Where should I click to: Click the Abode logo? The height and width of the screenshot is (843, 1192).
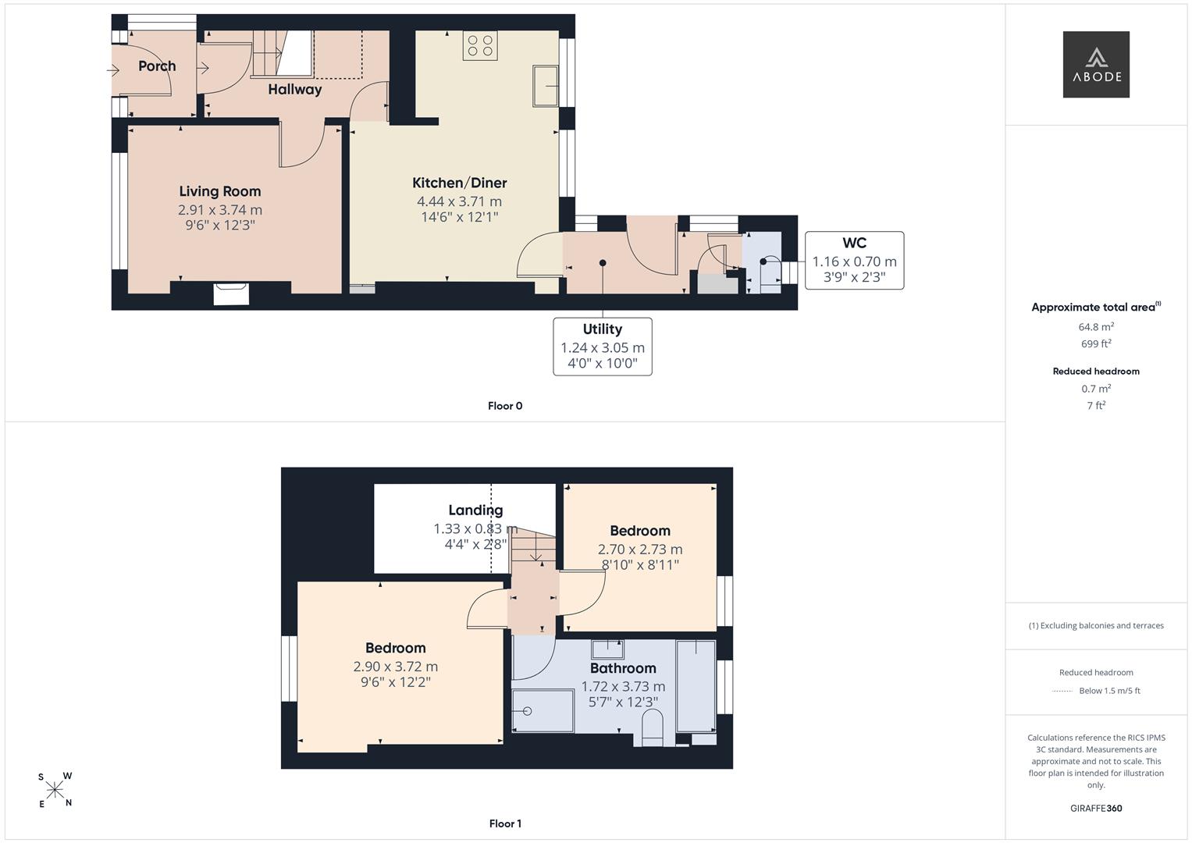(1096, 64)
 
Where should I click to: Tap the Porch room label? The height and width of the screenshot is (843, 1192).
(157, 66)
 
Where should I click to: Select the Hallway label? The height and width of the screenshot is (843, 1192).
(295, 90)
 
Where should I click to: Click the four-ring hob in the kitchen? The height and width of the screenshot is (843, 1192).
(480, 46)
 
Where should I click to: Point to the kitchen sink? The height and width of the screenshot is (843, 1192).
(546, 86)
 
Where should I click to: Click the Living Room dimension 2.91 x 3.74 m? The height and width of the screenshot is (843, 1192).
(220, 210)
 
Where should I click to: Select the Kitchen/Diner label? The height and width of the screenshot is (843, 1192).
(459, 183)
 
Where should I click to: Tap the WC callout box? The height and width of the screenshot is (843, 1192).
(854, 260)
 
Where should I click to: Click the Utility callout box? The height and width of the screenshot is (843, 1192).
(603, 347)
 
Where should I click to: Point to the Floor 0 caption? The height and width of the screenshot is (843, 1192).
(505, 406)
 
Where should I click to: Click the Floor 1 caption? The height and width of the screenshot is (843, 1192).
(505, 823)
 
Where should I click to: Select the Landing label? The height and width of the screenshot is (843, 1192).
(475, 510)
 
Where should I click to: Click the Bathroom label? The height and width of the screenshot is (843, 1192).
(623, 668)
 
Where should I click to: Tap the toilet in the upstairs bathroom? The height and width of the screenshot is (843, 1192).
(653, 729)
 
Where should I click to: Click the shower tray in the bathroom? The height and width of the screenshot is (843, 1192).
(543, 710)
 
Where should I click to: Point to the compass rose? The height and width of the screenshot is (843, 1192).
(55, 790)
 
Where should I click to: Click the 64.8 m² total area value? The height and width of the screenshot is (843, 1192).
(1096, 327)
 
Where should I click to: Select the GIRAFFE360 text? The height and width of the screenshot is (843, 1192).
(1096, 808)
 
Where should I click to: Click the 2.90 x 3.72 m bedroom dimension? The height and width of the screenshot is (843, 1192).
(396, 667)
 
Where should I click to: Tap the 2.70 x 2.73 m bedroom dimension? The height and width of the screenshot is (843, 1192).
(639, 550)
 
